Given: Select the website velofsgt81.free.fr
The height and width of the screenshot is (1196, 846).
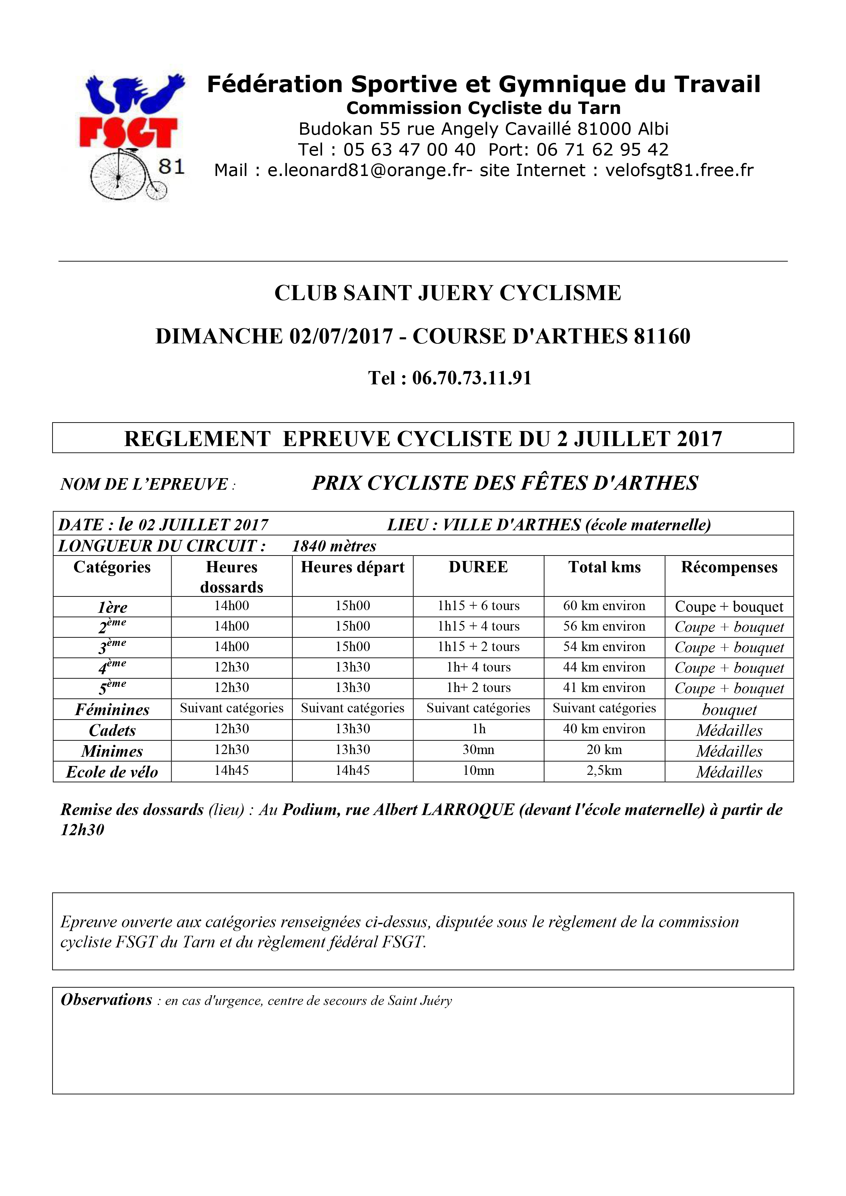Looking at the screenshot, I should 679,170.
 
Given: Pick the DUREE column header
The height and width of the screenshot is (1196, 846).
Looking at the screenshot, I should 478,567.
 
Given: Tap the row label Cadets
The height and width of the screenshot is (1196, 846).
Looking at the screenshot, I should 112,730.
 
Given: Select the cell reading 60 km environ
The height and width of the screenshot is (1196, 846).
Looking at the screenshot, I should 604,606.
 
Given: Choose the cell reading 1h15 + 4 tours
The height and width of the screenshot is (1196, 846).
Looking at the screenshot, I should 478,626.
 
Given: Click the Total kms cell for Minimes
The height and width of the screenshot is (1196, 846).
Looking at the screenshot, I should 604,750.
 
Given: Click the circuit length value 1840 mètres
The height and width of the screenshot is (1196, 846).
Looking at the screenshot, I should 334,546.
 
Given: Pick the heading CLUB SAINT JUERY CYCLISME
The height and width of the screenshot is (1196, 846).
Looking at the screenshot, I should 448,293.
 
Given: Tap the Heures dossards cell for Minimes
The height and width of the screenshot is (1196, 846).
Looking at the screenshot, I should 232,750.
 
